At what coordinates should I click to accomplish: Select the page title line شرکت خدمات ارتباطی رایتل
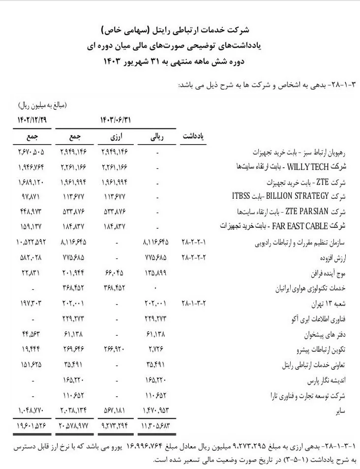coord(180,31)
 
